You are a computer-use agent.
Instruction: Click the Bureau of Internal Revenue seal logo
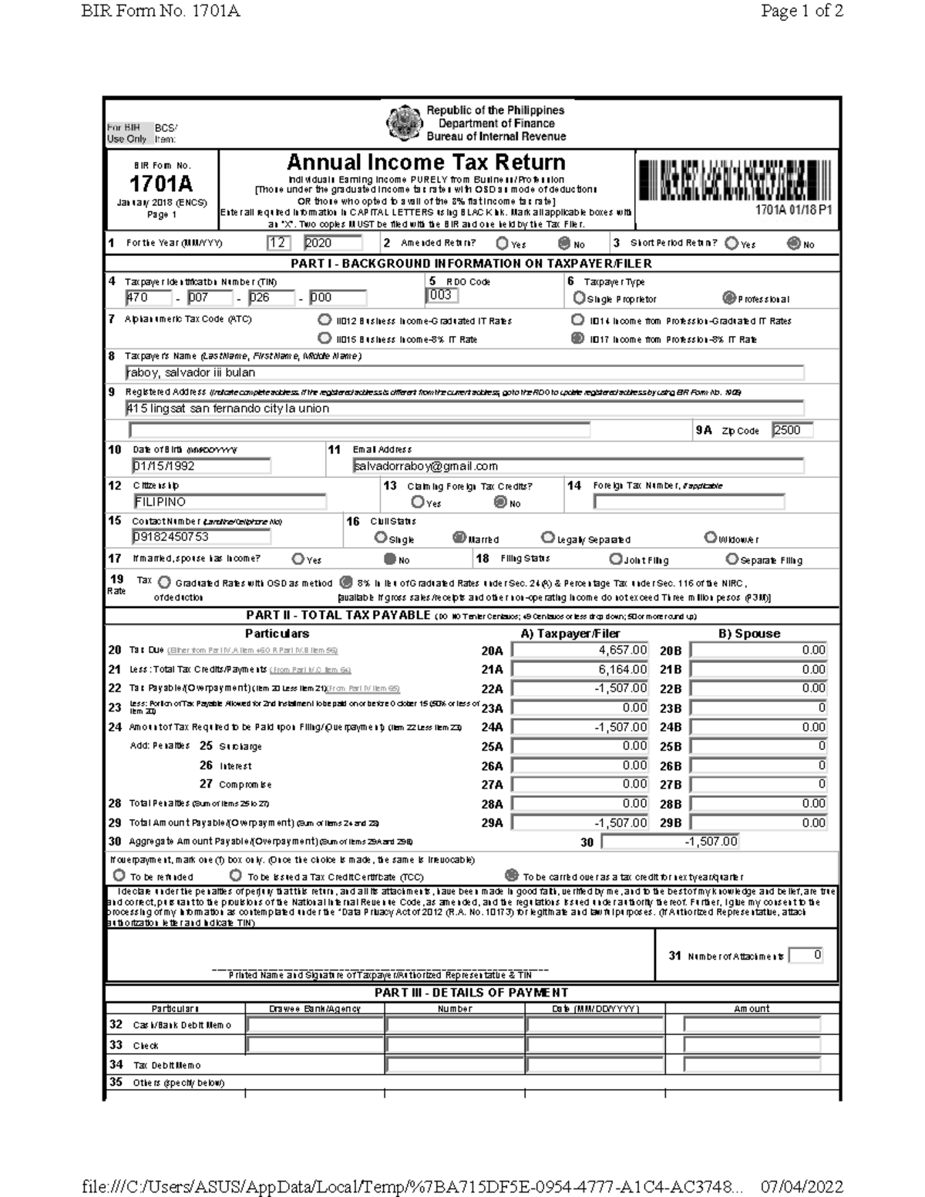404,123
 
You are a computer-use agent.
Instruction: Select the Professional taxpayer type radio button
728,298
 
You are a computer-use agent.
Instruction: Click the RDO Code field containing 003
442,295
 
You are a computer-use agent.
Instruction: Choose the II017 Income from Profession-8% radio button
577,338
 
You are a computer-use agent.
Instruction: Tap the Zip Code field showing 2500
792,431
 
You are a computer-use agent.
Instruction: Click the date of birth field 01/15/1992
200,466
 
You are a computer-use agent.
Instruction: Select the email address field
577,466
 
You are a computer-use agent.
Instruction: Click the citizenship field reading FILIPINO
229,502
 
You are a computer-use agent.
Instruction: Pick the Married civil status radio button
459,538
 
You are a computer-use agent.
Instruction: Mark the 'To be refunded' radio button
119,876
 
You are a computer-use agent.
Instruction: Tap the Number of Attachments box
807,956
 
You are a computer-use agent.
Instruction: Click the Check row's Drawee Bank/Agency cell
314,1045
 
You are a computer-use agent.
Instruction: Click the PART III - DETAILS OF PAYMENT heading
471,993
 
